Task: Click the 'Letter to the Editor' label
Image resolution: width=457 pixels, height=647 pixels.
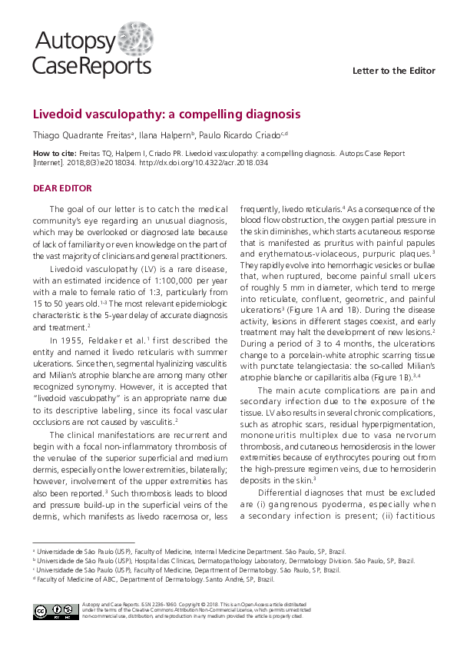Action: coord(393,71)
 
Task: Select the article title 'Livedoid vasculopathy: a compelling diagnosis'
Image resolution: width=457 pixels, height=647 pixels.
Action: coord(166,114)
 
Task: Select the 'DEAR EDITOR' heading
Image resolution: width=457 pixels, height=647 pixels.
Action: coord(62,188)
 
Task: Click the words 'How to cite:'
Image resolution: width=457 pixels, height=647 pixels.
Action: coord(54,154)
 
